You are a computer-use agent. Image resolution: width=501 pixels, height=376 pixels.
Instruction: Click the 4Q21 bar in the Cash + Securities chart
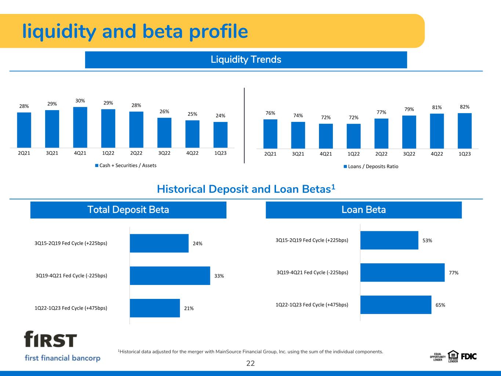(80, 127)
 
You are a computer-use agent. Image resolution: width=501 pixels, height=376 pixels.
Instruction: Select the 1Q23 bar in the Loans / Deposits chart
(465, 131)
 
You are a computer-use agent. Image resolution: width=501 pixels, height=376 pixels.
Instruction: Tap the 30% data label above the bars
(80, 101)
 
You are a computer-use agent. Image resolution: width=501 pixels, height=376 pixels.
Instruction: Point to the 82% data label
(465, 107)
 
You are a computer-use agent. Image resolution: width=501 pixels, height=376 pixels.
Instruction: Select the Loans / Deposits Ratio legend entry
(371, 166)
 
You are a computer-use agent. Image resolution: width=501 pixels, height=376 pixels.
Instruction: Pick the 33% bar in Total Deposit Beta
(170, 276)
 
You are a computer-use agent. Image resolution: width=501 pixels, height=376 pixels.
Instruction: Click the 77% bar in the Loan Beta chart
(402, 272)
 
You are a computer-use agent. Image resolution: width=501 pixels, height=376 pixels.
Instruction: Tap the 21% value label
(189, 308)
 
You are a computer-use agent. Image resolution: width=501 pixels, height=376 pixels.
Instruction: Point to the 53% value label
(427, 241)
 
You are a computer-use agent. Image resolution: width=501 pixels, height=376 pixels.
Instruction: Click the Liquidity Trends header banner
(246, 59)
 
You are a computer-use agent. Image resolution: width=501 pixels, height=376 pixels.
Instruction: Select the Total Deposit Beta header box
(128, 210)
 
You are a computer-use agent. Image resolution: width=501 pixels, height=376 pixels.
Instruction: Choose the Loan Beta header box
(363, 210)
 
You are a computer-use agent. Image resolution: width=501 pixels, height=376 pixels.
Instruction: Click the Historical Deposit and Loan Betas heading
(246, 189)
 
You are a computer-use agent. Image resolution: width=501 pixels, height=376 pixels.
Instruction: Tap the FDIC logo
(469, 356)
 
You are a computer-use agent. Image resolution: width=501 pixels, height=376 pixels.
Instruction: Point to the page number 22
(250, 364)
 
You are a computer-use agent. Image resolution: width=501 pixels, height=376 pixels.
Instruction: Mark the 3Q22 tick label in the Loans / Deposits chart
(409, 154)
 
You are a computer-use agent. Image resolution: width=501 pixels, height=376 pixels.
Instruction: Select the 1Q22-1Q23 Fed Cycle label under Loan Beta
(312, 304)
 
